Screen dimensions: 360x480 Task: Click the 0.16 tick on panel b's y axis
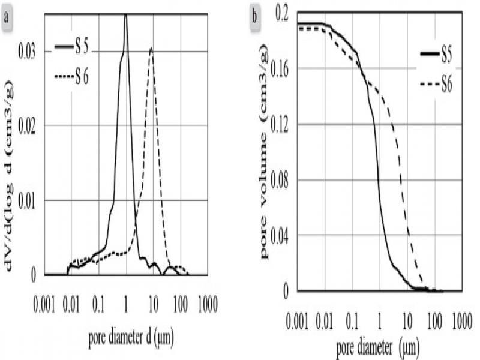283,69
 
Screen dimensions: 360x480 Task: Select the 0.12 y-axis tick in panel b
283,124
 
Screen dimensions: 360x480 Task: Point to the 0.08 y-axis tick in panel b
283,180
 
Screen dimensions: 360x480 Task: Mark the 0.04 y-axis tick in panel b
283,235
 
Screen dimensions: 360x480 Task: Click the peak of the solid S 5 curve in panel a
125,16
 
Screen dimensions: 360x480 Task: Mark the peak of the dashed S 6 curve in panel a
152,48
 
